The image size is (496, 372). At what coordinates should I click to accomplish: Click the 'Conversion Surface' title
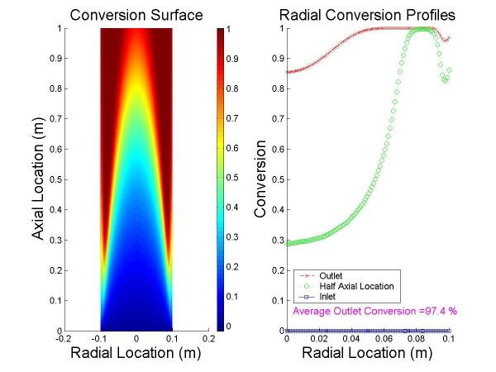click(136, 15)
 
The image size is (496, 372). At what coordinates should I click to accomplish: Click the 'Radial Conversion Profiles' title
click(372, 15)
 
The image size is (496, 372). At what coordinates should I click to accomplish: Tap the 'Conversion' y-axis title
click(261, 179)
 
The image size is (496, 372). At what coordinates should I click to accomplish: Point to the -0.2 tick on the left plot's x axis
click(64, 338)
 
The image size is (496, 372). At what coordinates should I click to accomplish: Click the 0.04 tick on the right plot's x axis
click(351, 338)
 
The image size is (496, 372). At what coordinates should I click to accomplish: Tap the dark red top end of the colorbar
click(221, 33)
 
